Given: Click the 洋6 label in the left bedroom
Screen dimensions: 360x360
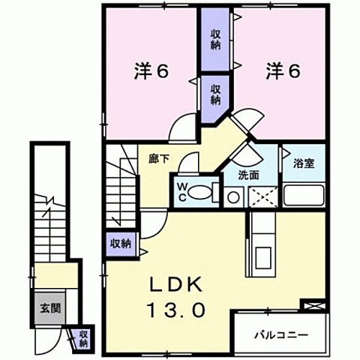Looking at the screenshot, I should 151,71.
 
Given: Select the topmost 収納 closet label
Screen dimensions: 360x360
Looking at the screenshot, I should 215,37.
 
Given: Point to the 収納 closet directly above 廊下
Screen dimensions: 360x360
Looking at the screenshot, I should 215,94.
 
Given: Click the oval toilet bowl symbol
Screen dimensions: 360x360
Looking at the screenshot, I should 198,193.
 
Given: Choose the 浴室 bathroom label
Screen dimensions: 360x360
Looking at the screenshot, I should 302,160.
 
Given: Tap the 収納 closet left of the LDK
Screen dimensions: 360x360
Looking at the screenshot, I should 121,242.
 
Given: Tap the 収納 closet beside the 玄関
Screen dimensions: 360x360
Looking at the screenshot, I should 84,338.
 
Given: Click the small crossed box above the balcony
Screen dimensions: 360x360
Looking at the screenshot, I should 312,305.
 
